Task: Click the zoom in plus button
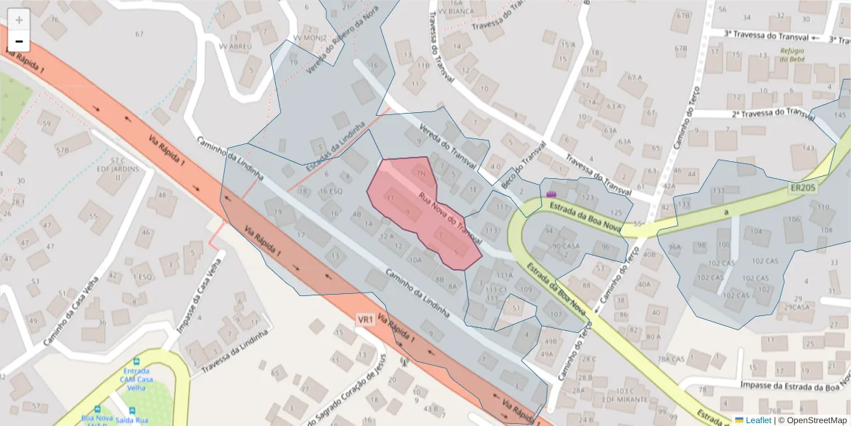(x=19, y=20)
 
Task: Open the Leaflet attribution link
(x=753, y=420)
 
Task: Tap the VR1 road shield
(x=366, y=320)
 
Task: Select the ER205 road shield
(x=803, y=188)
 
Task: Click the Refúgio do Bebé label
(x=794, y=55)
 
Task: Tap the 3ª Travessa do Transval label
(x=766, y=34)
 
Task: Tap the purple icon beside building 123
(x=552, y=193)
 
